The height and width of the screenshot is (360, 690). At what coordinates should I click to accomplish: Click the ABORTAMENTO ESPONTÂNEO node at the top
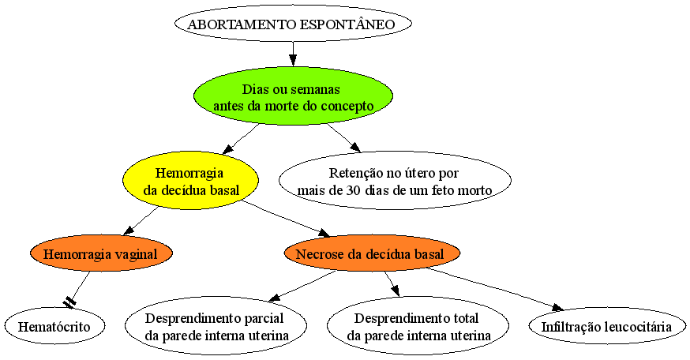pos(293,24)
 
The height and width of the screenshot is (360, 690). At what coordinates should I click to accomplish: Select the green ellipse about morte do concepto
pos(293,96)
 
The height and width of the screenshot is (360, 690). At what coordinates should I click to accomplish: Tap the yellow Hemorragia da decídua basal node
pos(190,181)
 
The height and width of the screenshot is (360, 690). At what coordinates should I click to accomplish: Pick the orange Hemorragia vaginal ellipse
pos(101,253)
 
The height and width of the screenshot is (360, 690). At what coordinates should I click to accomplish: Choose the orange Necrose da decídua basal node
pos(372,253)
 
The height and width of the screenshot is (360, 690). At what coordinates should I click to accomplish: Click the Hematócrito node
pos(54,326)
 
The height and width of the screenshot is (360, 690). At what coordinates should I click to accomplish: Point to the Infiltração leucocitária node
pos(607,326)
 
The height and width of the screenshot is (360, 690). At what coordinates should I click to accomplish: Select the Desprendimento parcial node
pos(216,326)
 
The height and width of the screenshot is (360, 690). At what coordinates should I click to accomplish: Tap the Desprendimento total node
pos(418,326)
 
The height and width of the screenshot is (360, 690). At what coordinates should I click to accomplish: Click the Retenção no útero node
pos(395,181)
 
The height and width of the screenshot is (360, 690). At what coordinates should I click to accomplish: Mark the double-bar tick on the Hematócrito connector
pos(69,302)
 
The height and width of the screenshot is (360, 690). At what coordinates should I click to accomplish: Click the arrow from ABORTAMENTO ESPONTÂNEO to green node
pos(293,54)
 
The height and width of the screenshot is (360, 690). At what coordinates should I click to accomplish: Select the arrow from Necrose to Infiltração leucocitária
pos(495,289)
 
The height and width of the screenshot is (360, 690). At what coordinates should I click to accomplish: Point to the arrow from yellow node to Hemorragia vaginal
pos(141,221)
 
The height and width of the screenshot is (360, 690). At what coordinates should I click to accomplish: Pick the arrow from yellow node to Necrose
pos(287,219)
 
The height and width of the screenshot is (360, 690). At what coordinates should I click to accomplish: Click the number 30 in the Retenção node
pos(351,190)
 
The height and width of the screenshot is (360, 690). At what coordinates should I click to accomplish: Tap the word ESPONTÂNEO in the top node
pos(347,24)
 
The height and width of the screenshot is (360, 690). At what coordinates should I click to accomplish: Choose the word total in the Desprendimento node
pos(463,317)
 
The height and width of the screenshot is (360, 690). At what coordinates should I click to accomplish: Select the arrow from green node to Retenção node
pos(343,137)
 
